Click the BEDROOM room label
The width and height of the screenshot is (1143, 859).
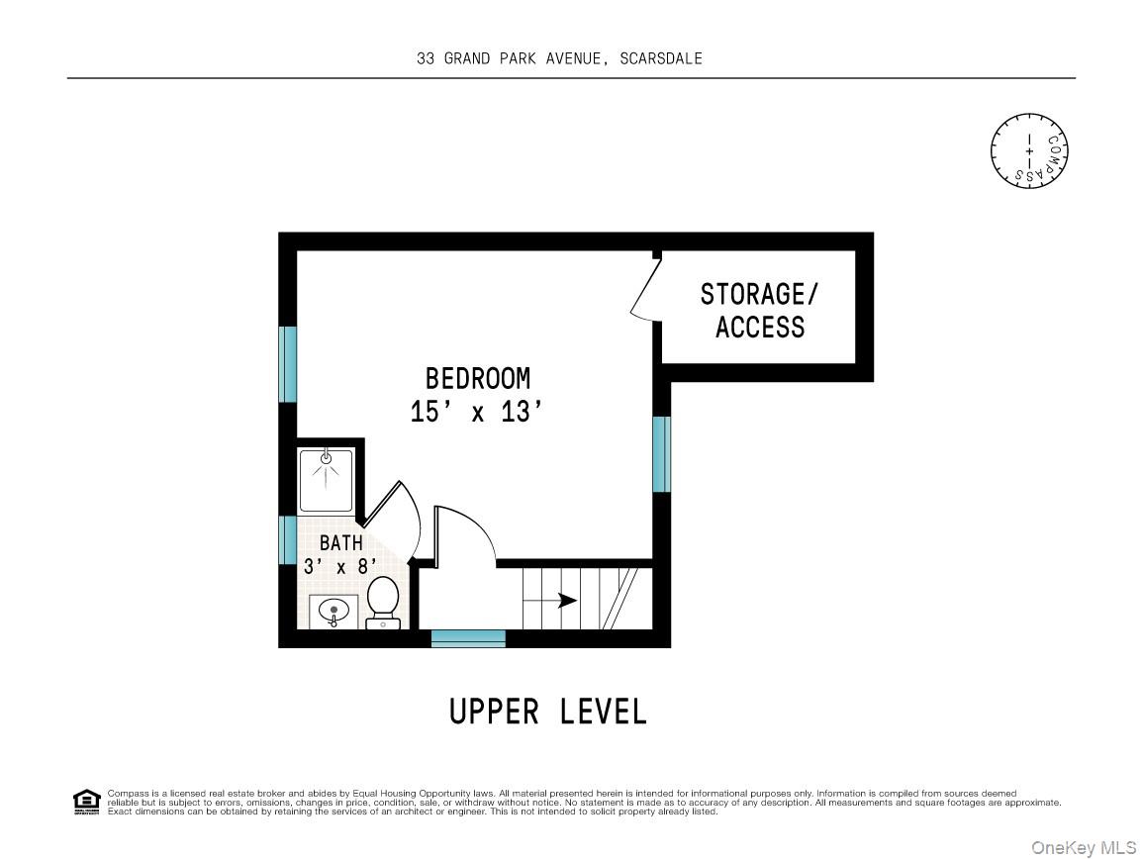pyautogui.click(x=477, y=378)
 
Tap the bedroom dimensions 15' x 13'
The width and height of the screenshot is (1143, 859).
pyautogui.click(x=477, y=412)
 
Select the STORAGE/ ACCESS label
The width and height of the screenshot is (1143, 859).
pyautogui.click(x=760, y=311)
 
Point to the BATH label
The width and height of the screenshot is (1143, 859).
pyautogui.click(x=341, y=543)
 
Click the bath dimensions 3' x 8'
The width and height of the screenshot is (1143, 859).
pyautogui.click(x=339, y=567)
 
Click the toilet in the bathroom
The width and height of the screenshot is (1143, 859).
pyautogui.click(x=383, y=603)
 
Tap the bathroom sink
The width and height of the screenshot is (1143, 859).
pyautogui.click(x=333, y=612)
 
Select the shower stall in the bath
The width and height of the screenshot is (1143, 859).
pyautogui.click(x=326, y=481)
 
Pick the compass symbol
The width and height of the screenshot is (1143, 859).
pyautogui.click(x=1029, y=151)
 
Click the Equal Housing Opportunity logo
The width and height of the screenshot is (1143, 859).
pyautogui.click(x=87, y=803)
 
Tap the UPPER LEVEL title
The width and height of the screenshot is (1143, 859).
pyautogui.click(x=548, y=712)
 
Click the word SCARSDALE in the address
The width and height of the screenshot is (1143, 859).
pyautogui.click(x=661, y=58)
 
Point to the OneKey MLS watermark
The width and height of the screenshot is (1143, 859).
pyautogui.click(x=1084, y=847)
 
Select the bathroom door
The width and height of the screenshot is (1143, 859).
pyautogui.click(x=393, y=518)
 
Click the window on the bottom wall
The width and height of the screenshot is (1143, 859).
pyautogui.click(x=468, y=638)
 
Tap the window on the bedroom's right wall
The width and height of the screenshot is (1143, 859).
pyautogui.click(x=662, y=453)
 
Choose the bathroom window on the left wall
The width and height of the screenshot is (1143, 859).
pyautogui.click(x=288, y=539)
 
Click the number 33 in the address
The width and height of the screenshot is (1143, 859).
pyautogui.click(x=425, y=58)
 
